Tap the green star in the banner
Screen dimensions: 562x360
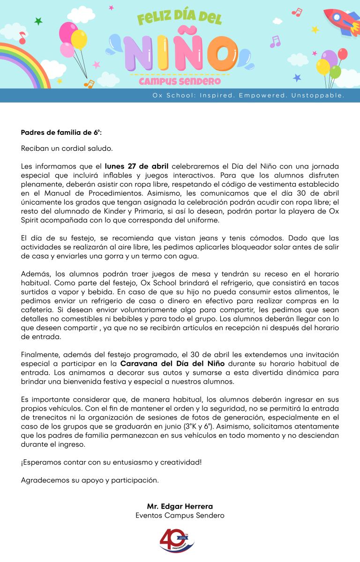coord(38,21)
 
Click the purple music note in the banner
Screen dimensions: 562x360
coord(275,42)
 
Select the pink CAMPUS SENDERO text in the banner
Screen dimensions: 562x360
coord(180,81)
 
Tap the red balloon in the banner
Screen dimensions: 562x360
coord(343,54)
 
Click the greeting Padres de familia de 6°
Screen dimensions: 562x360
coord(61,133)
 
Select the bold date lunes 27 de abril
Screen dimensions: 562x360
coord(136,166)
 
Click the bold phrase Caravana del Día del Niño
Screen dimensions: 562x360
coord(172,364)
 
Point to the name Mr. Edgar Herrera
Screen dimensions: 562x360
coord(180,506)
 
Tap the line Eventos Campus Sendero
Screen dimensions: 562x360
coord(180,515)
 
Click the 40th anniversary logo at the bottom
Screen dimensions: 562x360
coord(177,541)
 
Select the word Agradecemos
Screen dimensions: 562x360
coord(45,480)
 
